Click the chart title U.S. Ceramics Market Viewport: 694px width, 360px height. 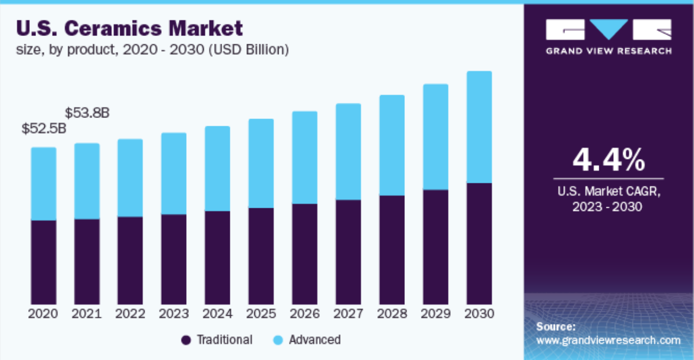(130, 28)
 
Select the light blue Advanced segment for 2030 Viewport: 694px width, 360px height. (479, 127)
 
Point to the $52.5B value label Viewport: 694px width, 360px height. (44, 129)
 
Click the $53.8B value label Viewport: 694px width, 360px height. (87, 113)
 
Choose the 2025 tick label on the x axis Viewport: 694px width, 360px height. (261, 314)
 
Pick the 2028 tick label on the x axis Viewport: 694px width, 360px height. (392, 314)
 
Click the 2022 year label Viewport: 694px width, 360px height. (130, 314)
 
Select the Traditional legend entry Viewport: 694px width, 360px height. (217, 340)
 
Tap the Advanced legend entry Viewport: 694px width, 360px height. (307, 340)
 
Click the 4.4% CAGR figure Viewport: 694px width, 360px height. (608, 160)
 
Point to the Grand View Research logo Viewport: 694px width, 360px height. (608, 37)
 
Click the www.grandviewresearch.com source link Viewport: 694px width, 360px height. (608, 340)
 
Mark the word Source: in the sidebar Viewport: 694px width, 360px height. (556, 327)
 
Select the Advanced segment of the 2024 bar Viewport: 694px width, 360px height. (217, 168)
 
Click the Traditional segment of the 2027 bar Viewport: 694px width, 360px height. (348, 252)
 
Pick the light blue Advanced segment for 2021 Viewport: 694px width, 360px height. (87, 181)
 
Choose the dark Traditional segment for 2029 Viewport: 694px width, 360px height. (435, 247)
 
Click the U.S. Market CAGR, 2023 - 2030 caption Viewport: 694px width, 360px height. (608, 199)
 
